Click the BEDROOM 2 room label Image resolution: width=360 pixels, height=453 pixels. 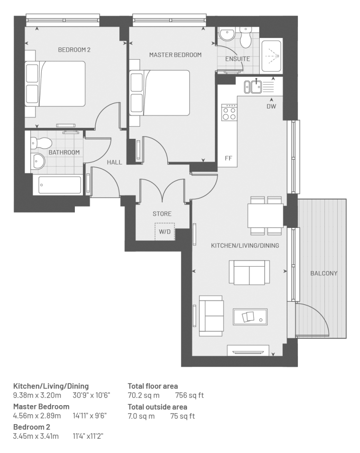(x=74, y=50)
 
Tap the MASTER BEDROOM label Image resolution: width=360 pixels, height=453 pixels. (x=175, y=55)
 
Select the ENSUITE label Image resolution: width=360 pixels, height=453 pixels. (x=238, y=59)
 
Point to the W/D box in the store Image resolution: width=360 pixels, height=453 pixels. (x=165, y=232)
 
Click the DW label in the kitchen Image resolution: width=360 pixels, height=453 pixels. (x=271, y=106)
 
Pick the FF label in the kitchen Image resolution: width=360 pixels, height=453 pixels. (x=228, y=158)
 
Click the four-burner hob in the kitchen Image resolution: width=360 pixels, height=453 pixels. (x=229, y=112)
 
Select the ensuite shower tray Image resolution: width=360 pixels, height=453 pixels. (x=271, y=56)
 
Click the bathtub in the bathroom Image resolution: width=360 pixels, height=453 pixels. (x=60, y=185)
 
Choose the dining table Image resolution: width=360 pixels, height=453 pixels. (x=265, y=216)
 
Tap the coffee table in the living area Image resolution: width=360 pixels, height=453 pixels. (x=250, y=317)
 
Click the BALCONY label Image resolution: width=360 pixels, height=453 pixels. (x=324, y=273)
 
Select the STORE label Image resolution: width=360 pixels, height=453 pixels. (x=162, y=214)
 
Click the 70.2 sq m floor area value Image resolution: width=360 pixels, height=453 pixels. (x=144, y=395)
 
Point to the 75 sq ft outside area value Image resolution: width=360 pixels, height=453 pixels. (x=182, y=417)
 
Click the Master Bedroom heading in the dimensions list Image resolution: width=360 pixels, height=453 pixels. (x=41, y=407)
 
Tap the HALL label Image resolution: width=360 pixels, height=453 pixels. (x=114, y=163)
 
